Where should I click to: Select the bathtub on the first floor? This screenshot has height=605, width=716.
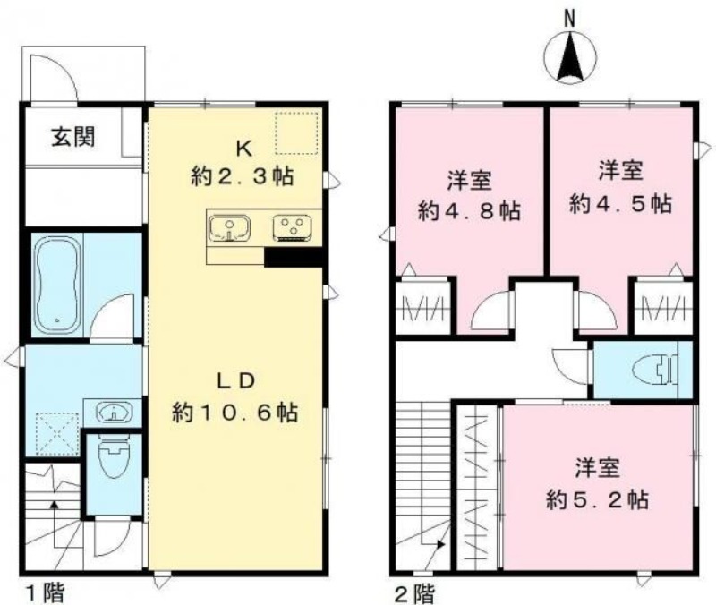click(57, 283)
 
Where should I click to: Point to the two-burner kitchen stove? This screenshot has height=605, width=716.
click(292, 227)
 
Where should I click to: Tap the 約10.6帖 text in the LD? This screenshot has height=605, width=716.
click(236, 413)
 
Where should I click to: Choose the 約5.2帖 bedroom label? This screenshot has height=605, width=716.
click(598, 498)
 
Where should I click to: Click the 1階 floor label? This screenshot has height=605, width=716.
click(42, 592)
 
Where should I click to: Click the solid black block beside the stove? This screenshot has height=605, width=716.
click(294, 257)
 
